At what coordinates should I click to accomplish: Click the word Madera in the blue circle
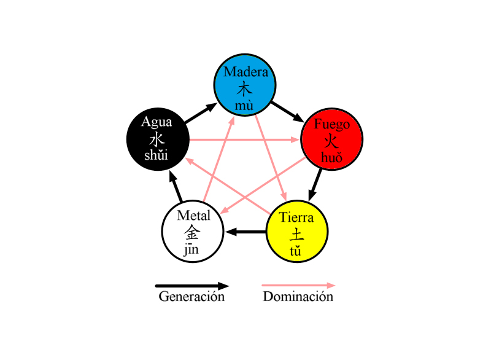[245, 72]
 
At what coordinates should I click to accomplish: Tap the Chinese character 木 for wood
[245, 88]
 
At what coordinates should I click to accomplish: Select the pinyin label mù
[244, 106]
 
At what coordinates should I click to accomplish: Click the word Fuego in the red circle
[331, 124]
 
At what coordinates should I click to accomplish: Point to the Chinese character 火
[331, 141]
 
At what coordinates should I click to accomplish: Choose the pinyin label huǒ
[331, 158]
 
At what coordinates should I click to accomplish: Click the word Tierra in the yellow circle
[296, 217]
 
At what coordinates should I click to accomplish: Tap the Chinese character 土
[296, 235]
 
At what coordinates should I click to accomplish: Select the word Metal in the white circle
[193, 216]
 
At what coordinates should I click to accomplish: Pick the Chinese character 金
[192, 232]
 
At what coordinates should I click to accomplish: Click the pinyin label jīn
[191, 249]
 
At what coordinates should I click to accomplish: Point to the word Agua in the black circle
[157, 121]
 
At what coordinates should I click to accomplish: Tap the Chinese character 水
[157, 138]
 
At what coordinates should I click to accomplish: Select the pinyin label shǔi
[157, 155]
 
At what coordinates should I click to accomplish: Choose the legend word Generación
[191, 297]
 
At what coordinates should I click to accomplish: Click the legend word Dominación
[298, 297]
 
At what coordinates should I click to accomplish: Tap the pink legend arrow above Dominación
[298, 286]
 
